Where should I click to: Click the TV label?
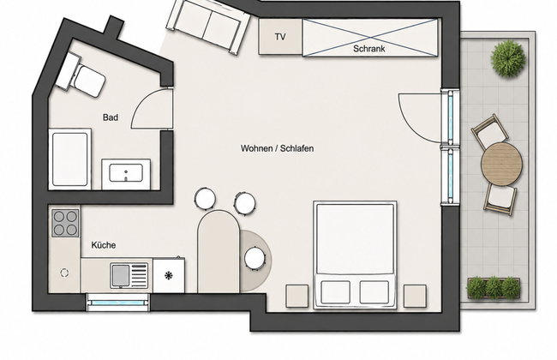point(280,37)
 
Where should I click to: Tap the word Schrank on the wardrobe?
point(369,49)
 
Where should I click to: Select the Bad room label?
point(111,117)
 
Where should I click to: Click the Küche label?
point(104,245)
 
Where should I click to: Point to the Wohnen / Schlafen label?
point(277,148)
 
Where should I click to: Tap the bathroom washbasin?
point(126,174)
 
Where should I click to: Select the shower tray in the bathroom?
point(69,159)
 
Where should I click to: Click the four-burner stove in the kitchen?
point(65,223)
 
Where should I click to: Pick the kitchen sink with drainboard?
point(129,275)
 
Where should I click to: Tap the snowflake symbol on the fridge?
point(168,275)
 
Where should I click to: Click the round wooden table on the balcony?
point(501,164)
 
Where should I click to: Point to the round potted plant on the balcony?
point(508,59)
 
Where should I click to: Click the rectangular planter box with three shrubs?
point(494,287)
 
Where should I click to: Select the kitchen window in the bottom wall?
point(118,303)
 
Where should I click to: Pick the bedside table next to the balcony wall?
point(415,296)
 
